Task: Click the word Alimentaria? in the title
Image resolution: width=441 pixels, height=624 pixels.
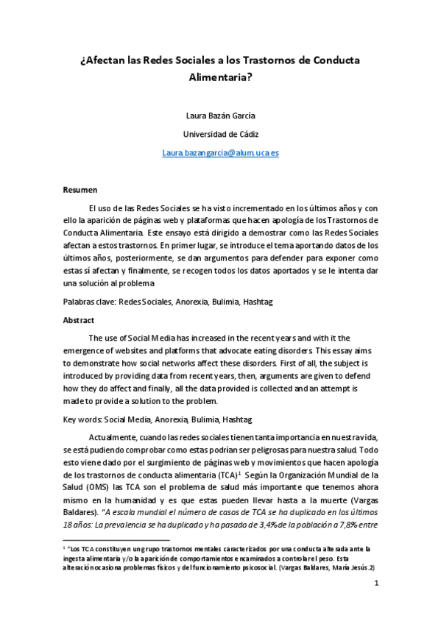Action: pyautogui.click(x=220, y=75)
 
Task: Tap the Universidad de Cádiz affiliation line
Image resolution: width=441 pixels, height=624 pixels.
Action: pyautogui.click(x=219, y=133)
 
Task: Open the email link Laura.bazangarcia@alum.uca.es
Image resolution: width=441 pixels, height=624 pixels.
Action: pyautogui.click(x=219, y=152)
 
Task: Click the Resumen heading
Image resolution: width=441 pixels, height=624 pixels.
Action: pyautogui.click(x=80, y=189)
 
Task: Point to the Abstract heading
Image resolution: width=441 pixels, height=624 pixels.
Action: pyautogui.click(x=80, y=320)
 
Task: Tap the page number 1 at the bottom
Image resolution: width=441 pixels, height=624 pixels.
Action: pyautogui.click(x=375, y=605)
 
